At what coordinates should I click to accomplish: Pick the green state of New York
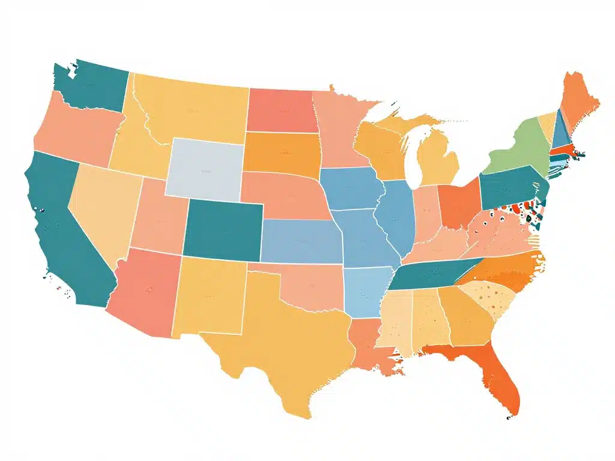[x=517, y=147]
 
